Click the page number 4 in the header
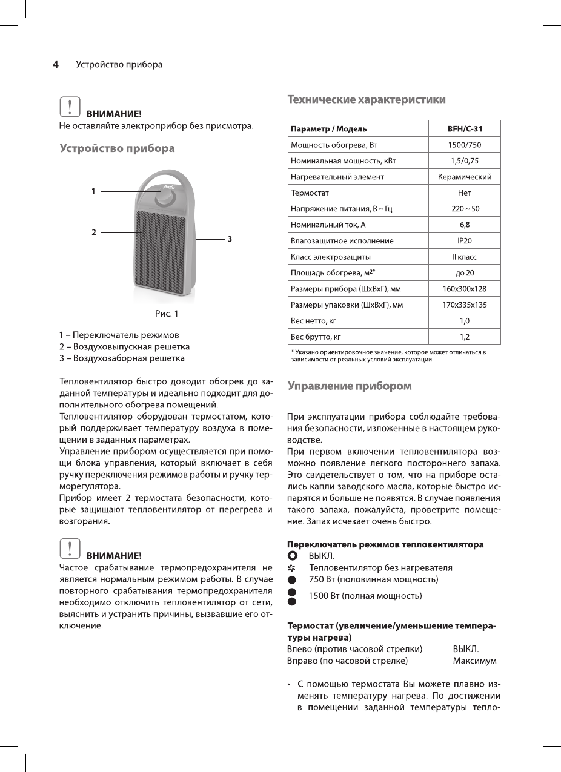tap(55, 65)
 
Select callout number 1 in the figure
tap(93, 191)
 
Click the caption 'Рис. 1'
tap(167, 314)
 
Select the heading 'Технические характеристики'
tap(367, 99)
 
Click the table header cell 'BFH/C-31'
tap(465, 129)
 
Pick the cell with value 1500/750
tap(465, 145)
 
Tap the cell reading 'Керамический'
tap(465, 177)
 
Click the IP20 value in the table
tap(465, 241)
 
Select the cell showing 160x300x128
tap(465, 289)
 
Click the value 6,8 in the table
tap(465, 225)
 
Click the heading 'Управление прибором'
tap(350, 386)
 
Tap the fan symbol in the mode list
tap(292, 568)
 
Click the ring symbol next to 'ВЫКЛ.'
tap(292, 556)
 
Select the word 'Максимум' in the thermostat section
tap(475, 661)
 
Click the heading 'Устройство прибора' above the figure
tap(117, 148)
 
